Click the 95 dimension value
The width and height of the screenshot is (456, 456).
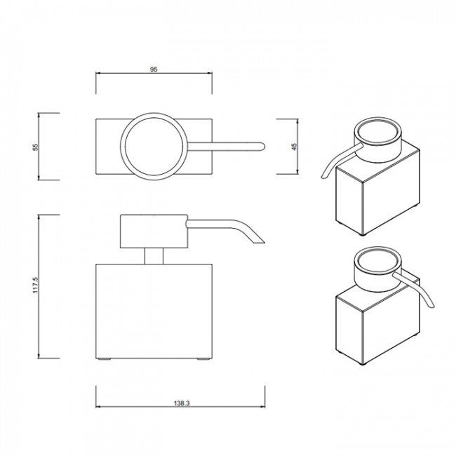click(153, 69)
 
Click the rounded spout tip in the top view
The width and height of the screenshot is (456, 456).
click(260, 146)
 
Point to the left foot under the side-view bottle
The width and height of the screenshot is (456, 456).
click(105, 361)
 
